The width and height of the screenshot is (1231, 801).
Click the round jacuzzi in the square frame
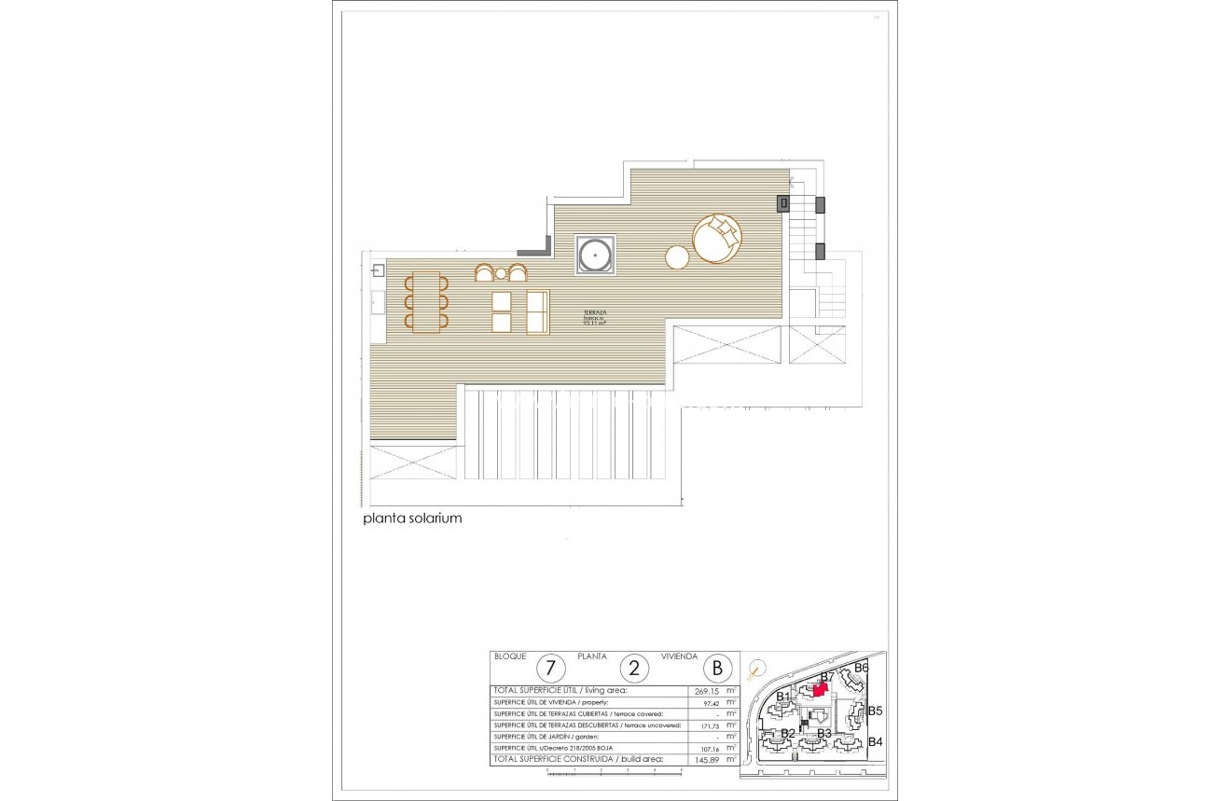coord(594,254)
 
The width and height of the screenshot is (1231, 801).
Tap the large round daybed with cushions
coord(717,240)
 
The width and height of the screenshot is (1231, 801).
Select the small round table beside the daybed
coord(678,256)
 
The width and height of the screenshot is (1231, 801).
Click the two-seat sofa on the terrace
coord(538,311)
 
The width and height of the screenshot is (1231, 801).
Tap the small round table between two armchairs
coord(501,273)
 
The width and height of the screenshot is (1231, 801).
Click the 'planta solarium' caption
coord(412,518)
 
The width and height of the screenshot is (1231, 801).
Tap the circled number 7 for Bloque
coord(552,668)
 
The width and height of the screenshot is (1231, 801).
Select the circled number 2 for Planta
coord(635,668)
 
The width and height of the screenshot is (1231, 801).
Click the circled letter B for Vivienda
coord(717,668)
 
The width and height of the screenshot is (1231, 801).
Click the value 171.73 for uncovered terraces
coord(708,725)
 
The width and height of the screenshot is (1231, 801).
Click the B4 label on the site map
coord(875,742)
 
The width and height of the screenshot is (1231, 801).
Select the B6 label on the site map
coord(861,668)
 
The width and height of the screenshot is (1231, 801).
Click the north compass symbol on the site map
coord(753,668)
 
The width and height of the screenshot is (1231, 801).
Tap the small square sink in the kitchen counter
coord(377,271)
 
